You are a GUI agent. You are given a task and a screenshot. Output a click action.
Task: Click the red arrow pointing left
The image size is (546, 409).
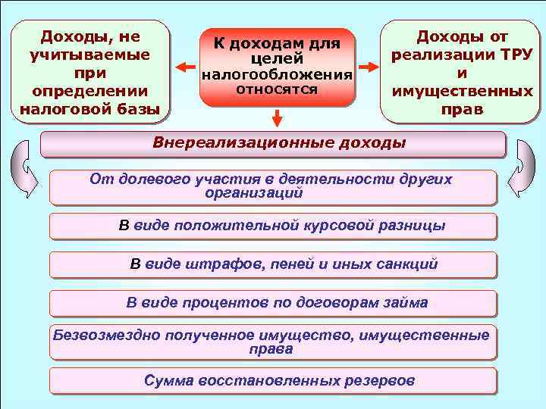pos(184,67)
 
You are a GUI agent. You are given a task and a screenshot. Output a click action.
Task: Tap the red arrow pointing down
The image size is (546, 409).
pos(277,118)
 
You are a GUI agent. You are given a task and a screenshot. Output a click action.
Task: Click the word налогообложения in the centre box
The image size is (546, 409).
pos(277,76)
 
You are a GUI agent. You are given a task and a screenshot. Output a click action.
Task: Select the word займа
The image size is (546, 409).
pos(403,303)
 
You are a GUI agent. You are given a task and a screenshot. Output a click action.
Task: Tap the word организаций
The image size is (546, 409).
pos(253,192)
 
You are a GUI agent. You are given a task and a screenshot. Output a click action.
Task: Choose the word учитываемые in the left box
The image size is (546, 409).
pos(89,55)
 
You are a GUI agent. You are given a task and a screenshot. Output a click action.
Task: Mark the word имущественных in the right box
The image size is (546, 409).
pos(462,92)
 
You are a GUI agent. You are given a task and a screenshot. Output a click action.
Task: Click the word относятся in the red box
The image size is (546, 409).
pos(276,89)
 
